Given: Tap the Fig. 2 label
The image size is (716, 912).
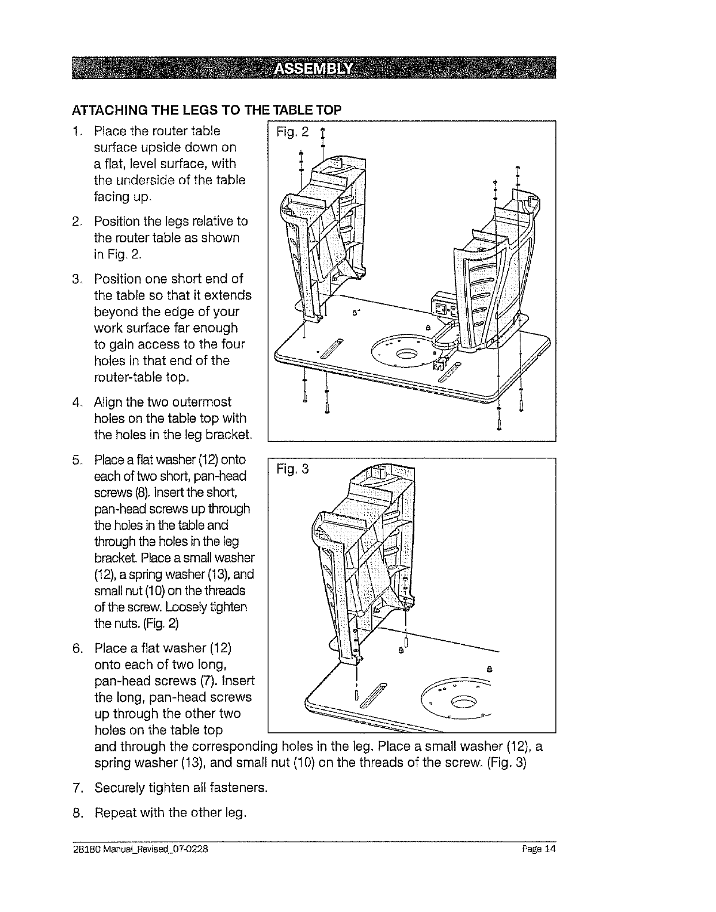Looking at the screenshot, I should pos(292,133).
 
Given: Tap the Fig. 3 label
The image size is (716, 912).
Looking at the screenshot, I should pos(292,470).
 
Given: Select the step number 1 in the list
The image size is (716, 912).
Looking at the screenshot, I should pos(75,131).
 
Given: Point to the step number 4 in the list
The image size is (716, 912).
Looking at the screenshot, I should pos(75,402).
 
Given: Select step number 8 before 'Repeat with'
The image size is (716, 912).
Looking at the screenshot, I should pos(75,813).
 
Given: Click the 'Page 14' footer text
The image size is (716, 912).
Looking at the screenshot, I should pos(541,849).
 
